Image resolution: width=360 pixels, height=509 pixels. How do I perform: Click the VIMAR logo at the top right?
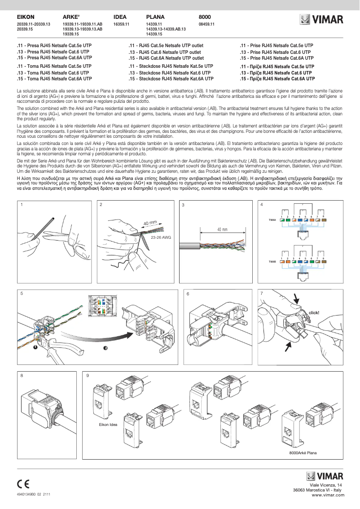coord(321,19)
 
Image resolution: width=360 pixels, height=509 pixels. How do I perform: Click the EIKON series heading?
coord(26,17)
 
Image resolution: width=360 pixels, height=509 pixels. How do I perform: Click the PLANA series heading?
coord(155,17)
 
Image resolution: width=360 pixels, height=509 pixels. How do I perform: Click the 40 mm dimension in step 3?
coord(222,229)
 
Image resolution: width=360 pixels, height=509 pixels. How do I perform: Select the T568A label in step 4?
coord(272,220)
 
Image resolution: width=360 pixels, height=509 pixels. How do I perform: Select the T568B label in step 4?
coord(272,261)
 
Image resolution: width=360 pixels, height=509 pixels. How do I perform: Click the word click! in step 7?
coord(314,312)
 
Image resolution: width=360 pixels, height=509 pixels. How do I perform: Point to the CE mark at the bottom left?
coord(23,484)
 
